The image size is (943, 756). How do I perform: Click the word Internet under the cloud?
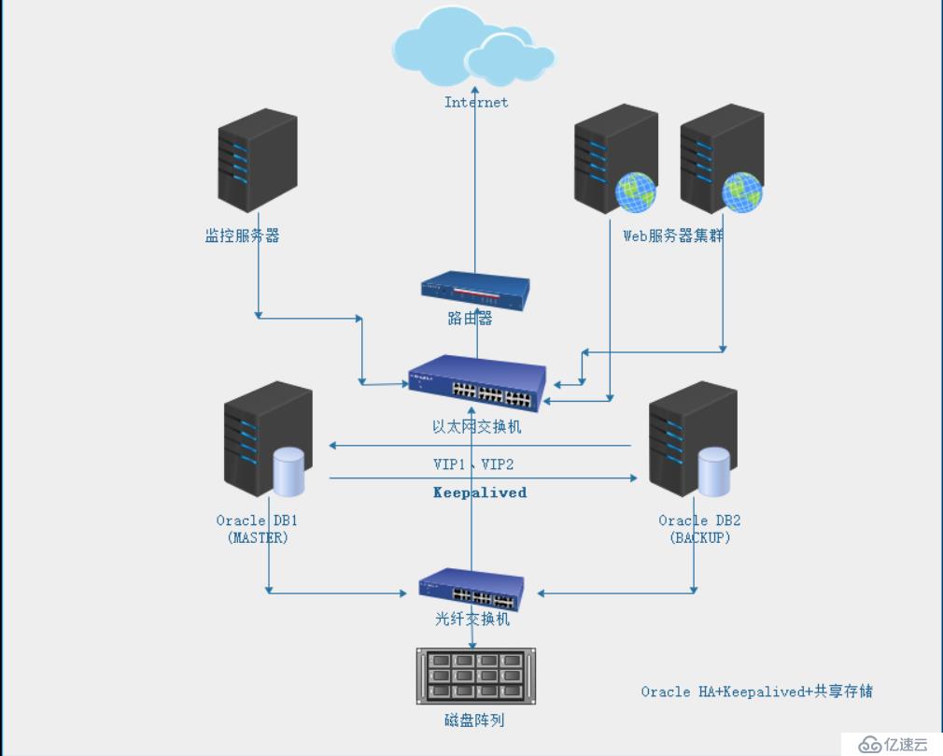(x=476, y=102)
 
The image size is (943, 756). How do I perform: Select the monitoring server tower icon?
(x=258, y=160)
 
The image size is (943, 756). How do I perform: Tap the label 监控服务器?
(x=242, y=235)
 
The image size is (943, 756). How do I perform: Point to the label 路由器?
(x=470, y=319)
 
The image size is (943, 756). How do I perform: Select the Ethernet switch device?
(x=477, y=384)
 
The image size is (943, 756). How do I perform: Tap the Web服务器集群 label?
(x=673, y=235)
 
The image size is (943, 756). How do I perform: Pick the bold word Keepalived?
(x=480, y=492)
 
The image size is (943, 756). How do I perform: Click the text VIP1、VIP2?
(x=473, y=464)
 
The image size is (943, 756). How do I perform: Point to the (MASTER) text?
(x=258, y=538)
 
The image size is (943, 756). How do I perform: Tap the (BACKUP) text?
(x=700, y=538)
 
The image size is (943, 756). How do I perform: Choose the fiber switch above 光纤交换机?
(x=471, y=589)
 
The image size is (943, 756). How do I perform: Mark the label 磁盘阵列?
(x=474, y=720)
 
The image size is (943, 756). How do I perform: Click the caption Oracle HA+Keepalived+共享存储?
(x=756, y=692)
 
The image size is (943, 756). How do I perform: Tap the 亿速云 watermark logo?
(x=893, y=744)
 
